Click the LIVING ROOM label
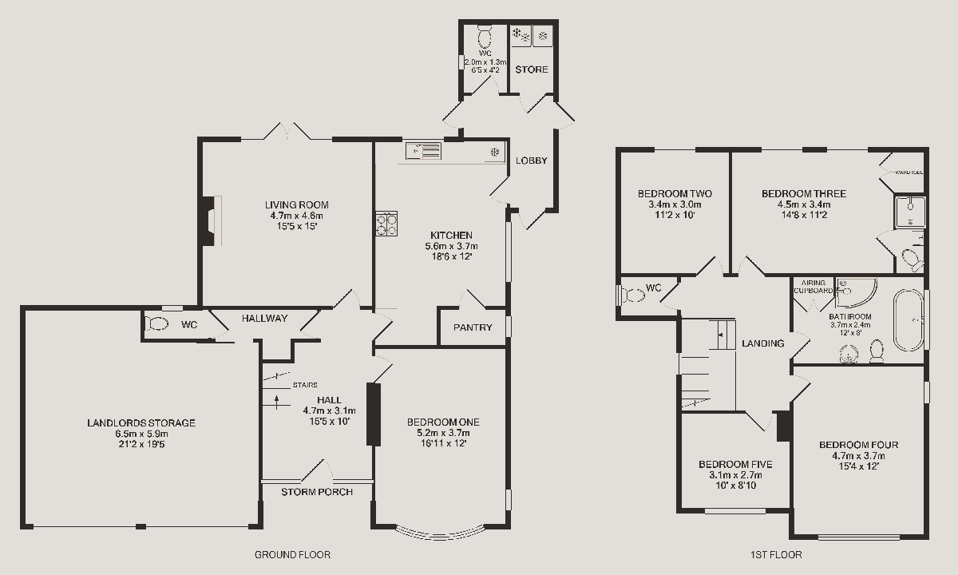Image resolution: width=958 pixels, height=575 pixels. pyautogui.click(x=297, y=205)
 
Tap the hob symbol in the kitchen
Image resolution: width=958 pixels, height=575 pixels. pyautogui.click(x=386, y=223)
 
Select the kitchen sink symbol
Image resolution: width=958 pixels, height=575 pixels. pyautogui.click(x=423, y=150)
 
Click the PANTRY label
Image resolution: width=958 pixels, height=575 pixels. pyautogui.click(x=473, y=327)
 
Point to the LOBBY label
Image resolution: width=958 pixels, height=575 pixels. pyautogui.click(x=532, y=161)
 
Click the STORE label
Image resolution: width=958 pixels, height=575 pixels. pyautogui.click(x=532, y=69)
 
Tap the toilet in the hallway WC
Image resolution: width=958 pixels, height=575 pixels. pyautogui.click(x=157, y=324)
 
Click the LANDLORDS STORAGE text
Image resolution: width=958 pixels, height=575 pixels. pyautogui.click(x=141, y=423)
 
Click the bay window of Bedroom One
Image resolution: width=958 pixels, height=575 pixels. pyautogui.click(x=441, y=531)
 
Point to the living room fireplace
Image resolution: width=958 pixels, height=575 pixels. pyautogui.click(x=209, y=220)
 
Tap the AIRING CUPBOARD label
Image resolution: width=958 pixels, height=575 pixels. pyautogui.click(x=813, y=286)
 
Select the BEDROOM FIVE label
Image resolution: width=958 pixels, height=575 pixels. pyautogui.click(x=735, y=464)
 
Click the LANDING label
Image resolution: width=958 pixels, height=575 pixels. pyautogui.click(x=763, y=343)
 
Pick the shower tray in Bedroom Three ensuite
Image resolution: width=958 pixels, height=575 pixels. pyautogui.click(x=909, y=211)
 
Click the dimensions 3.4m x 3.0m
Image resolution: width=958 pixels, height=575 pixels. pyautogui.click(x=675, y=204)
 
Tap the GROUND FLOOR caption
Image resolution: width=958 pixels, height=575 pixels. pyautogui.click(x=292, y=554)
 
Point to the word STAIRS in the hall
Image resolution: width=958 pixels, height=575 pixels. pyautogui.click(x=305, y=385)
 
